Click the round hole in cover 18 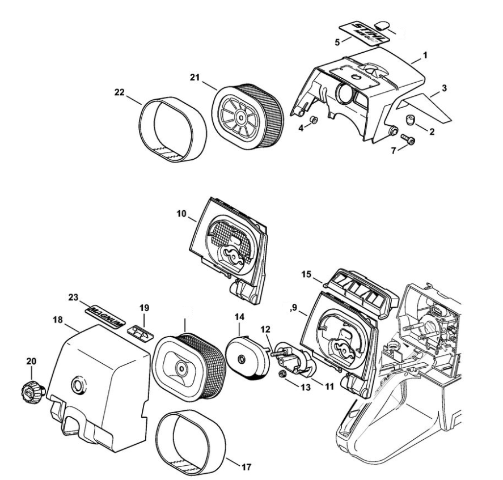75,387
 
